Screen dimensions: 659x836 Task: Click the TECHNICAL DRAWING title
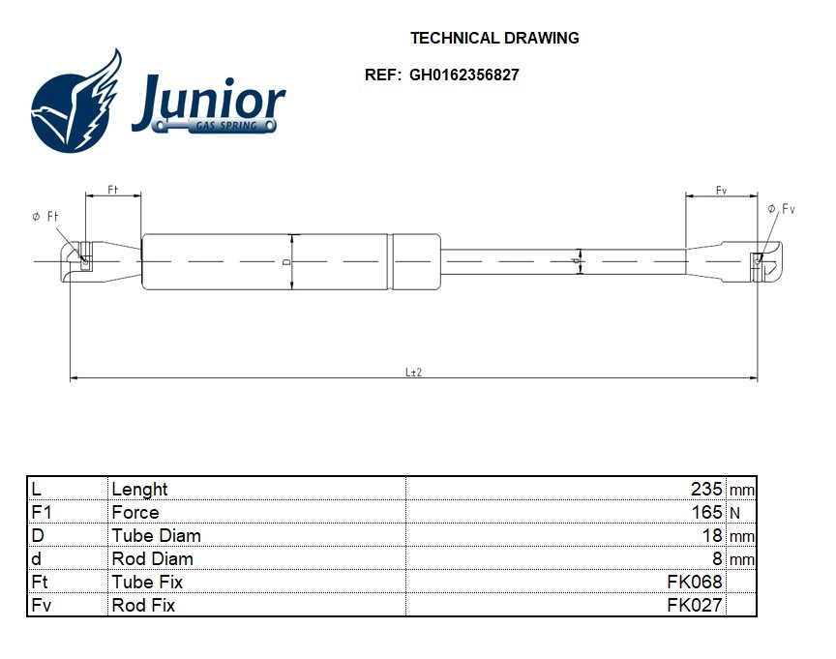[x=494, y=38]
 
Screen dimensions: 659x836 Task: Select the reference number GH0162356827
[x=464, y=75]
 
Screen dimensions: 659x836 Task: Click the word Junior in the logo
[x=208, y=101]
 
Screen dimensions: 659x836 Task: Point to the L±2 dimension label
[x=413, y=373]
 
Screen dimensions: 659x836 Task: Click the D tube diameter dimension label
[x=286, y=261]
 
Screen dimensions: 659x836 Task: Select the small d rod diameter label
[x=575, y=261]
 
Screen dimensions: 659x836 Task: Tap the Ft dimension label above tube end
[x=113, y=191]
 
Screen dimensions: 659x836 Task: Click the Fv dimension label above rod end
[x=721, y=191]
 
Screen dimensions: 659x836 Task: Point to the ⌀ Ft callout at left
[x=45, y=217]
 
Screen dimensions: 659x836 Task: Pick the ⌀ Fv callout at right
[x=781, y=209]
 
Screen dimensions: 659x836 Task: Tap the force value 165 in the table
[x=707, y=513]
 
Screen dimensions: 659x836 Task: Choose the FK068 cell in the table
[x=695, y=583]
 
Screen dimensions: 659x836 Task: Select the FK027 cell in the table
[x=695, y=606]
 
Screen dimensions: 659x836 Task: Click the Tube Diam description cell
[x=157, y=536]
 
